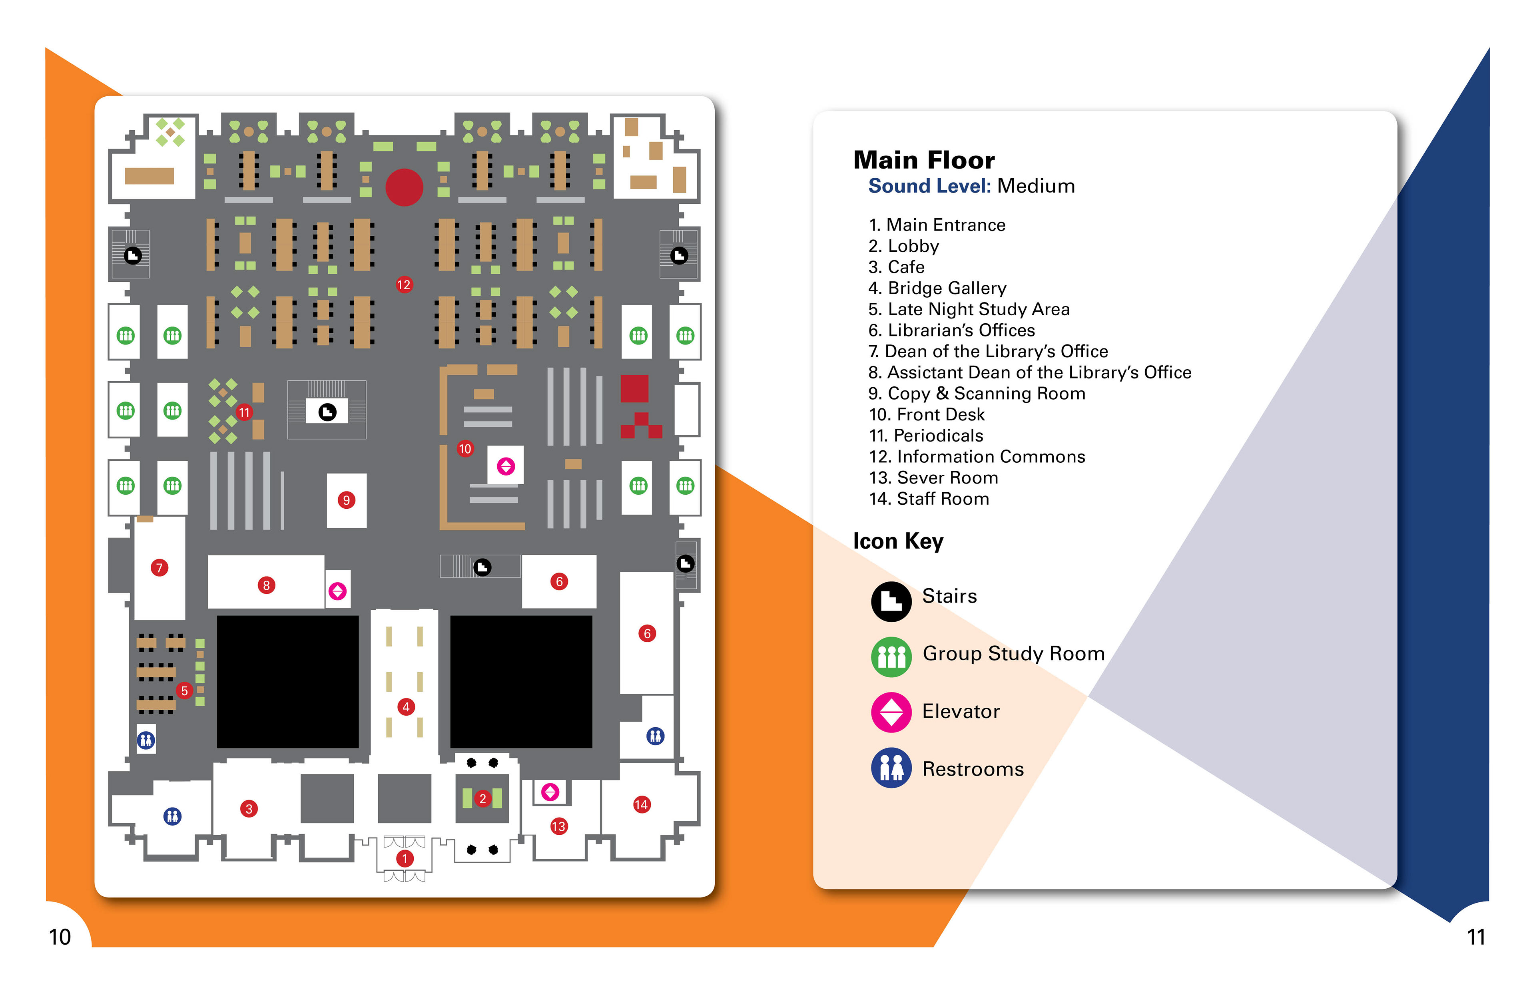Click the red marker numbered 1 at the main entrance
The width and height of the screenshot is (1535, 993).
(405, 858)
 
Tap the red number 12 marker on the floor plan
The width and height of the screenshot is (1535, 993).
(404, 285)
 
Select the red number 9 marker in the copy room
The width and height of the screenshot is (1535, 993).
(346, 500)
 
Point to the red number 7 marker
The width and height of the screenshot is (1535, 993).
(159, 567)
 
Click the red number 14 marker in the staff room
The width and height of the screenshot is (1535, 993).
(641, 804)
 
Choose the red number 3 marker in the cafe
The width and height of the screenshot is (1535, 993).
(249, 808)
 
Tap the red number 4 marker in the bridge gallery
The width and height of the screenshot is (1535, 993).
(406, 707)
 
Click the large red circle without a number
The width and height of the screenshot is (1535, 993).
(405, 187)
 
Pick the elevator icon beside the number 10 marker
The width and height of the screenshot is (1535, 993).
(506, 466)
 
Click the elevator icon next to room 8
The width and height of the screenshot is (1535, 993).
(337, 591)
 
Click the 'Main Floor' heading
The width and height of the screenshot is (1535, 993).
(923, 160)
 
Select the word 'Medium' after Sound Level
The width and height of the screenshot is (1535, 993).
(1036, 186)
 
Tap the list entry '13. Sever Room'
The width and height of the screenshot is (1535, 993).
(933, 478)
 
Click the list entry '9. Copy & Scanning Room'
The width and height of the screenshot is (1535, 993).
(977, 393)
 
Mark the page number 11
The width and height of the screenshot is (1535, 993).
(1476, 936)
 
